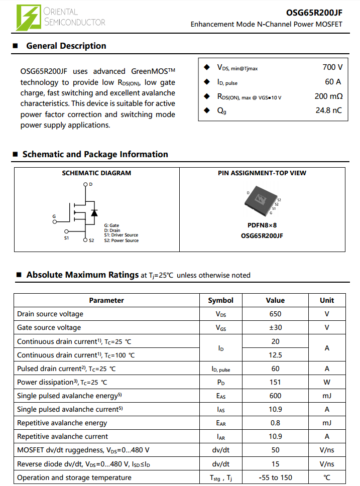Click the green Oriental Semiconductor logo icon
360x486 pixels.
(29, 18)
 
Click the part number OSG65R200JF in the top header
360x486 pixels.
(314, 13)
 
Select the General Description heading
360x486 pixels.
(66, 46)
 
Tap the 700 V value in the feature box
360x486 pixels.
(332, 67)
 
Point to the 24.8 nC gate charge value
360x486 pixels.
(328, 110)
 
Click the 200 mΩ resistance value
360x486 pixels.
(328, 96)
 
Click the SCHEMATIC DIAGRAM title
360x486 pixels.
(96, 173)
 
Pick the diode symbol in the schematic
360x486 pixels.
(94, 212)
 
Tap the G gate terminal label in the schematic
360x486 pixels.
(54, 216)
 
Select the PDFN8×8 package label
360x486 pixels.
(262, 225)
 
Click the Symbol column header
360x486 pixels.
(220, 300)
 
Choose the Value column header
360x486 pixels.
(275, 300)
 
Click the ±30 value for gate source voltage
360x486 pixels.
(275, 327)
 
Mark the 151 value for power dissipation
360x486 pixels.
(275, 382)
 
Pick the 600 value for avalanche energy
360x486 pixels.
(275, 396)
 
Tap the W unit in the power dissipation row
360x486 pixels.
(327, 382)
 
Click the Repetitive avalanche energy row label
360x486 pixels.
(62, 423)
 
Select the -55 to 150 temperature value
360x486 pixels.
(275, 477)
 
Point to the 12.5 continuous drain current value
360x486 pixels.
(275, 355)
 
